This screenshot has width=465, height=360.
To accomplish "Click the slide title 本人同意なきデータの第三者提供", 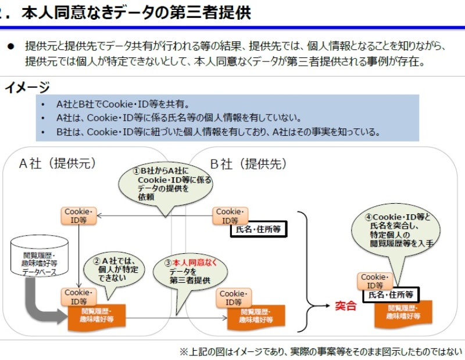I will [x=137, y=13].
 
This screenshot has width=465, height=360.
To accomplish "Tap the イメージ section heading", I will [x=27, y=88].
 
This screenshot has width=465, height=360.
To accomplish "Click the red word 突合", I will [x=345, y=306].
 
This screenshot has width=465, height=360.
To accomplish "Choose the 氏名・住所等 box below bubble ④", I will [x=391, y=295].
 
